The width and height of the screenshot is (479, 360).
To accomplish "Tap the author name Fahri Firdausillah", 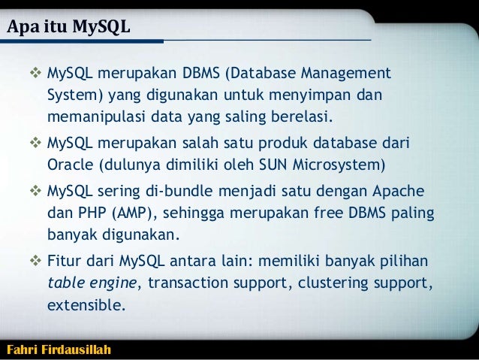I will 58,349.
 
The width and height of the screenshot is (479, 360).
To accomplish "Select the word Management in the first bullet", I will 345,75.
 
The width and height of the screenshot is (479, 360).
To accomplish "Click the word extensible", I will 85,307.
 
